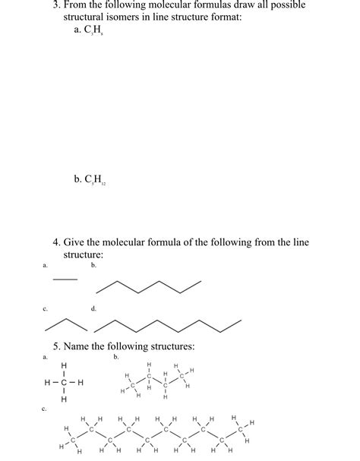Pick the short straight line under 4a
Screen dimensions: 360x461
(65, 278)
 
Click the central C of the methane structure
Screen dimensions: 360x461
(64, 382)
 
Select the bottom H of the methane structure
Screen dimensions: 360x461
(64, 399)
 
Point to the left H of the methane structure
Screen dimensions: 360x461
(46, 382)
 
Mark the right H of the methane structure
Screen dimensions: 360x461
(81, 382)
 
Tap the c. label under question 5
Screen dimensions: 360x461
(46, 409)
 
